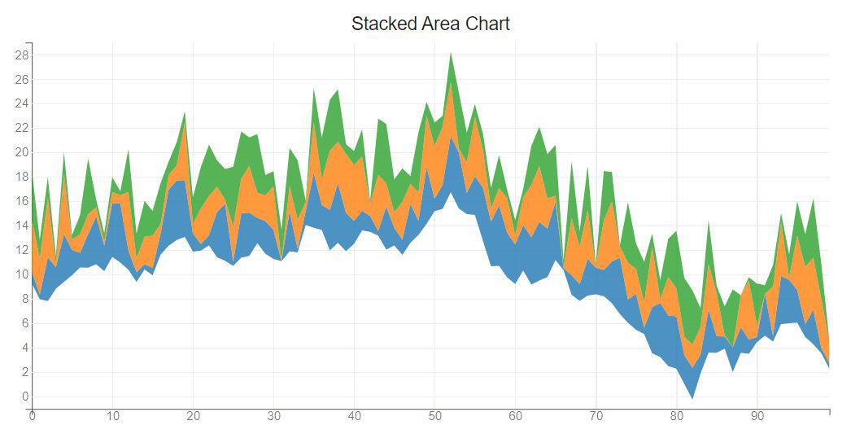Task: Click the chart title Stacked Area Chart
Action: [x=430, y=24]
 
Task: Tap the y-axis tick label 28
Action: [x=21, y=55]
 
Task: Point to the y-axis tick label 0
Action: [x=24, y=397]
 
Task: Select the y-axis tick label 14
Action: [x=21, y=226]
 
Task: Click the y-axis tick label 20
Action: [x=21, y=152]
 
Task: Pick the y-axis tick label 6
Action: [x=24, y=323]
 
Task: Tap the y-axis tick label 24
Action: [x=21, y=103]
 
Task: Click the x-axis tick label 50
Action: [x=434, y=416]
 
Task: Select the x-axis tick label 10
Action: [x=112, y=416]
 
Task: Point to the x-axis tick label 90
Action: [x=757, y=416]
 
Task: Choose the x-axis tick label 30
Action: [x=273, y=416]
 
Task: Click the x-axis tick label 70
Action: [x=596, y=416]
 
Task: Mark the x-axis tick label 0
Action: [x=32, y=416]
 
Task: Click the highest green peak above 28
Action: [x=451, y=55]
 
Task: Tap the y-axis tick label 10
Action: [x=21, y=274]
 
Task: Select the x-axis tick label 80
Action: [x=677, y=416]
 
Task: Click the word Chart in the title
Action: [x=487, y=24]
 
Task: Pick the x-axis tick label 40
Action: [x=354, y=416]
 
